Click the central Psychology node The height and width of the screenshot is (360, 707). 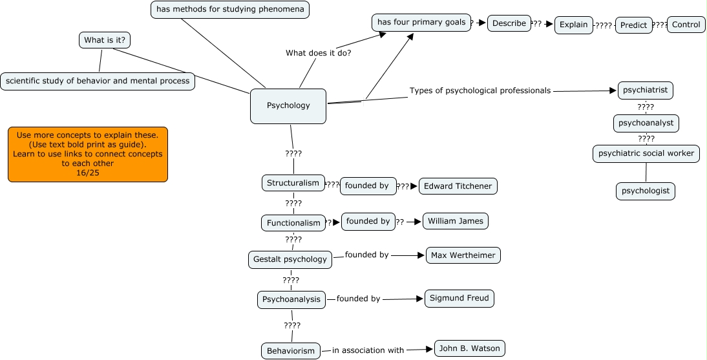(x=288, y=106)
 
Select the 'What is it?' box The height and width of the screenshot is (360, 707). (x=104, y=40)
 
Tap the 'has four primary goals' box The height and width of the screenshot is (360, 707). (x=421, y=23)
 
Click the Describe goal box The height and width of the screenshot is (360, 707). (x=509, y=23)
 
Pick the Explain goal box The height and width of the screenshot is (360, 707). (x=573, y=25)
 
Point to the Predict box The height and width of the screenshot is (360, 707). (x=633, y=26)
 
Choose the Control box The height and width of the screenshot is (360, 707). (x=686, y=25)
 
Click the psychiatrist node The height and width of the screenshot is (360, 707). (x=645, y=90)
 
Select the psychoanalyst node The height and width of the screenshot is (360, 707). (x=646, y=122)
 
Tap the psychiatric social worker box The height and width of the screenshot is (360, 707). (x=646, y=154)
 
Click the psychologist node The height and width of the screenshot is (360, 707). (x=646, y=191)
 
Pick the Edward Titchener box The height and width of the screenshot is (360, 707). (x=458, y=186)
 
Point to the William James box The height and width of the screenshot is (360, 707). (x=456, y=221)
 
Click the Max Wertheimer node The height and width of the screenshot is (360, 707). (x=463, y=255)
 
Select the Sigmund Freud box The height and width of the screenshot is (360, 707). (x=459, y=299)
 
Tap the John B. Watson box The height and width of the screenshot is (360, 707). (x=469, y=349)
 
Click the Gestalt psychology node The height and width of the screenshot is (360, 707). (x=290, y=260)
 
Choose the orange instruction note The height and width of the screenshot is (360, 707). (x=88, y=154)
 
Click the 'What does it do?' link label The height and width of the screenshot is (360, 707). (x=318, y=53)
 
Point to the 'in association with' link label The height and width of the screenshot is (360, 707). (x=368, y=350)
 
